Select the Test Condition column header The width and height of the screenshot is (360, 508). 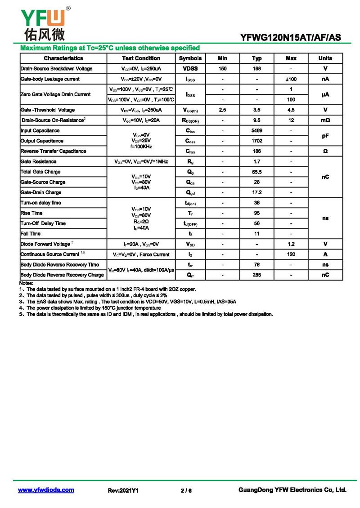[x=141, y=58]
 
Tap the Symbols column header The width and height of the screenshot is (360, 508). [x=190, y=58]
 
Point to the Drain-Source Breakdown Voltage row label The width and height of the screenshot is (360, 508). [x=57, y=69]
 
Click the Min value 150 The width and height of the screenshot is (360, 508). [x=222, y=69]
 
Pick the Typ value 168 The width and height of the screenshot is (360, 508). [x=257, y=69]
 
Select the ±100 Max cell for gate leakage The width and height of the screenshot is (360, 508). [x=291, y=79]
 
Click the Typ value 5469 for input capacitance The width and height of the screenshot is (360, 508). [x=257, y=130]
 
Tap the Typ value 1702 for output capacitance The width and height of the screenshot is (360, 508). [x=257, y=141]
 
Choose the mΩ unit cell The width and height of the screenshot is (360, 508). [x=325, y=120]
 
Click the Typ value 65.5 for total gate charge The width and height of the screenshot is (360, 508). [x=257, y=172]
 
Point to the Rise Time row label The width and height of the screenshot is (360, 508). [x=31, y=213]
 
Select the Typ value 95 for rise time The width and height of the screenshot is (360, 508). [x=257, y=213]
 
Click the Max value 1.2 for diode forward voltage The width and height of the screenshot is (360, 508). [x=291, y=244]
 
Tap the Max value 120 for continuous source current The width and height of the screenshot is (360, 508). [x=291, y=254]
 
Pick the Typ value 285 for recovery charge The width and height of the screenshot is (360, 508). [x=257, y=275]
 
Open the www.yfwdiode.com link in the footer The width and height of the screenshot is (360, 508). [x=46, y=490]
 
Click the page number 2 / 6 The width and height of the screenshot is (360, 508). [x=186, y=490]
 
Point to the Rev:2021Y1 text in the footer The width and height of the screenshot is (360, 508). [x=123, y=490]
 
